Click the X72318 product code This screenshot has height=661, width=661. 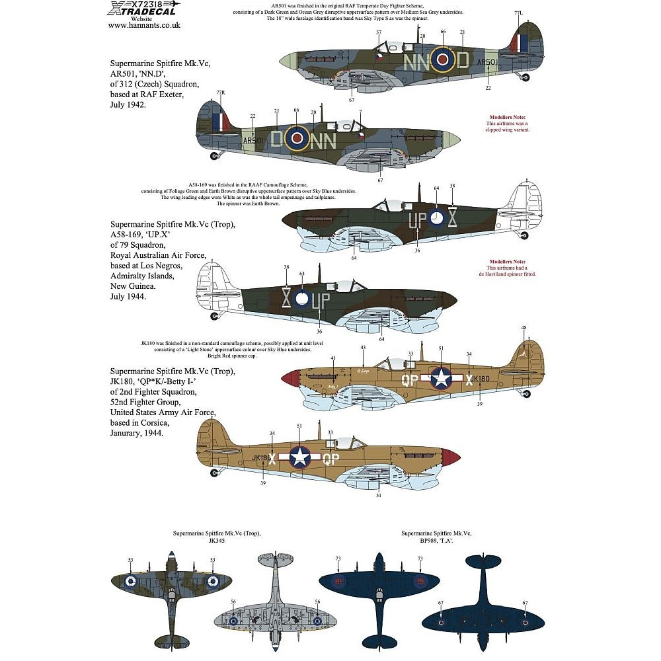click(x=138, y=4)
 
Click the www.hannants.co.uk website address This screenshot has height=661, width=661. click(x=143, y=25)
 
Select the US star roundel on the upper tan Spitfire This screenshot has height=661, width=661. click(x=440, y=378)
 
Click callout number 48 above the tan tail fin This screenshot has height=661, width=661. click(x=524, y=328)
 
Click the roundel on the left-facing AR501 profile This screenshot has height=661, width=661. click(x=297, y=137)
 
